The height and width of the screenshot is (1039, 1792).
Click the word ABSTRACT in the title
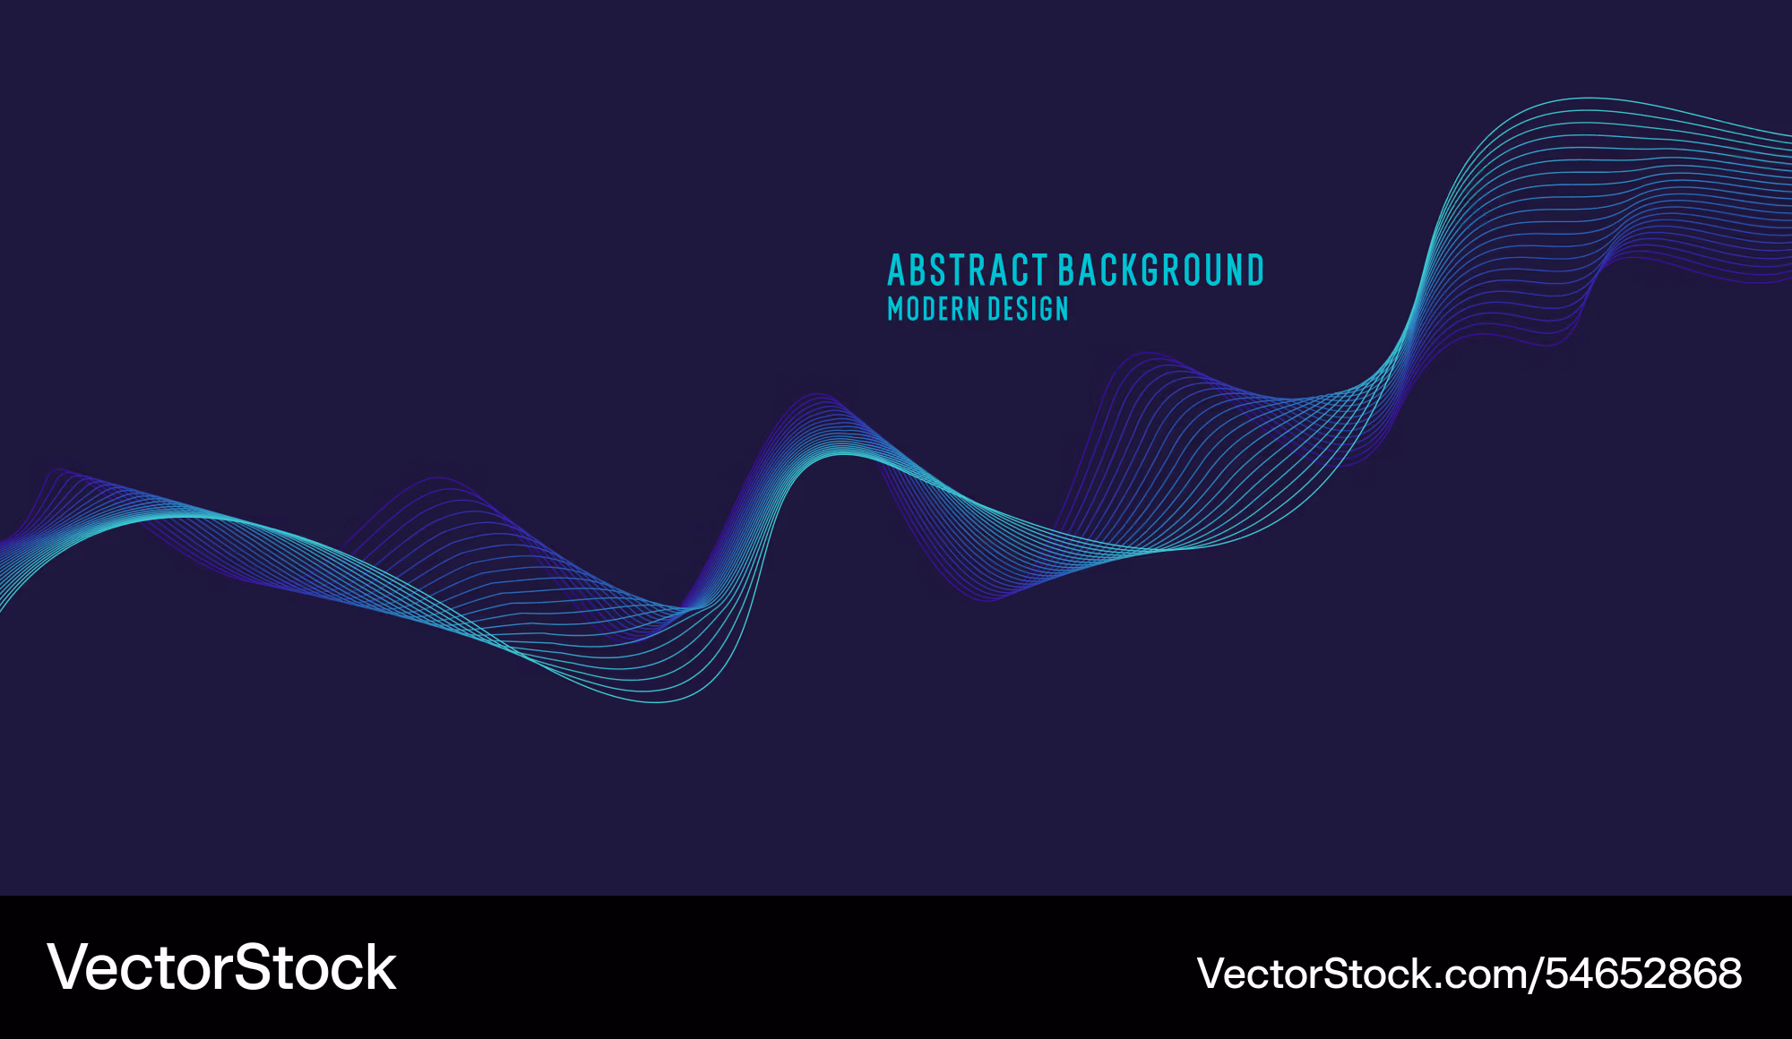click(968, 270)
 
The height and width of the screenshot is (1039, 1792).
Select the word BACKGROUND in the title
click(1161, 270)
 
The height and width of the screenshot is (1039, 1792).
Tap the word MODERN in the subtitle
click(933, 309)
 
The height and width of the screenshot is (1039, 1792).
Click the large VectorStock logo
click(221, 967)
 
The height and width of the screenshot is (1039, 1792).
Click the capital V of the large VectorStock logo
click(70, 967)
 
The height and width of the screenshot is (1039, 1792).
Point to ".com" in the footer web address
click(1478, 976)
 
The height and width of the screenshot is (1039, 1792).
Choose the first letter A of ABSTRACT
click(898, 270)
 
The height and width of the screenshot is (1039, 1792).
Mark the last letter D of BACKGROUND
click(1254, 270)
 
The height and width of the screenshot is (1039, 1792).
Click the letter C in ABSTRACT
click(1018, 270)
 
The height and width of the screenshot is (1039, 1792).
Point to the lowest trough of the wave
click(659, 702)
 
